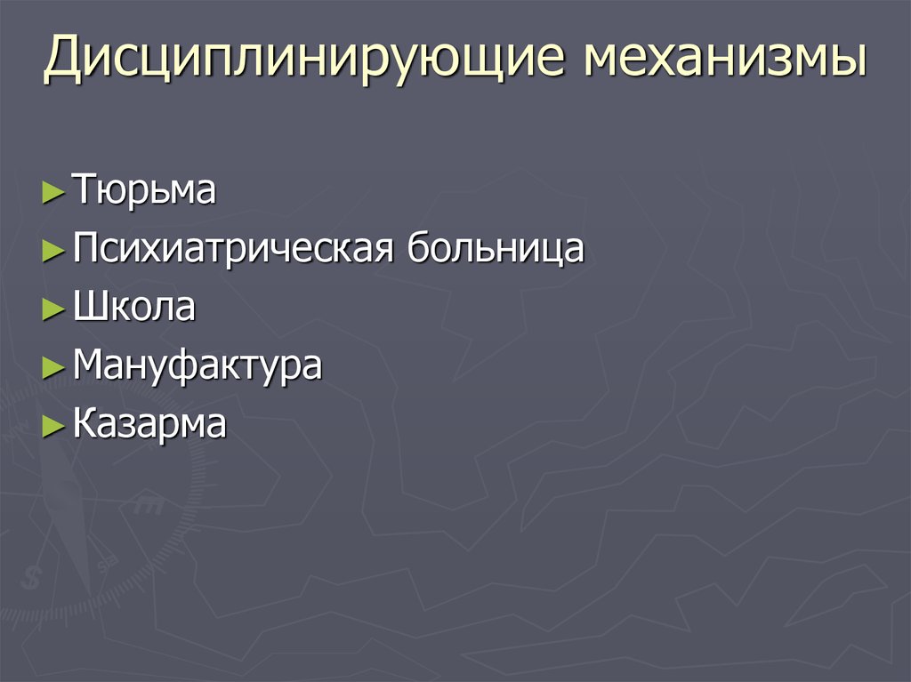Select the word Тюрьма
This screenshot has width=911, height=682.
tap(144, 191)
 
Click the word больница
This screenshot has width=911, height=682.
tap(496, 248)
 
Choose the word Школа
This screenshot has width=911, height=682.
tap(134, 307)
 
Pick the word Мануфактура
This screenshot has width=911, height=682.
tap(197, 365)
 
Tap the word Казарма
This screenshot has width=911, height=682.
tap(149, 424)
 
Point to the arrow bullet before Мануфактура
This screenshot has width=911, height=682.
tap(53, 368)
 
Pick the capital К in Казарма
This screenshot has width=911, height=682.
tap(85, 424)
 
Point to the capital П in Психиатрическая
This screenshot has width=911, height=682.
tap(87, 248)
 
